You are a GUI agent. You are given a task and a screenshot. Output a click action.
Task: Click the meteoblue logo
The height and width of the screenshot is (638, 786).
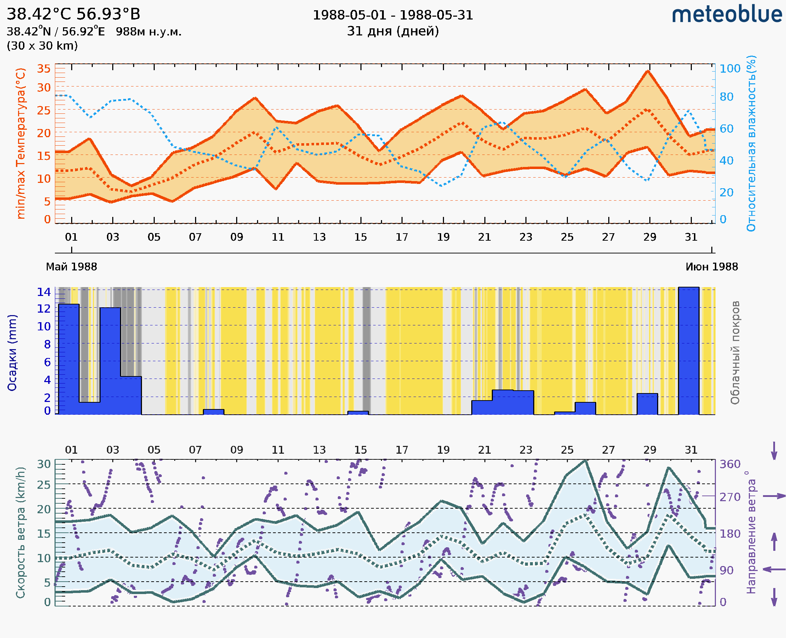727,15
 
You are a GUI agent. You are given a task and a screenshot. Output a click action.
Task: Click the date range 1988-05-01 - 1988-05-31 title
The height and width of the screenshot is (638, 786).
393,15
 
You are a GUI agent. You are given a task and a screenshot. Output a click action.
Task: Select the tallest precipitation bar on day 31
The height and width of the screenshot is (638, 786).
688,351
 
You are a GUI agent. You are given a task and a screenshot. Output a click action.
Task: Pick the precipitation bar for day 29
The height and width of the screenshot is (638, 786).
647,404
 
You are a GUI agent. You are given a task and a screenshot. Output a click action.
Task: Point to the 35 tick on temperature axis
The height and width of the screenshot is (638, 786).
44,69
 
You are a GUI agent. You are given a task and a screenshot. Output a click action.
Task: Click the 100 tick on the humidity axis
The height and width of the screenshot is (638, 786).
730,69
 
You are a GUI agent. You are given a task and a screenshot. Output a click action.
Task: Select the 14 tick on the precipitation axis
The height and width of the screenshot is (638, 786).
44,292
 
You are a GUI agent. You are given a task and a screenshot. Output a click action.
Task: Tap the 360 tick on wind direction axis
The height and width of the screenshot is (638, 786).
730,464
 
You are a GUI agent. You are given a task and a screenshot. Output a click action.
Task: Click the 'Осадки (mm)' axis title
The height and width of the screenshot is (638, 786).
12,353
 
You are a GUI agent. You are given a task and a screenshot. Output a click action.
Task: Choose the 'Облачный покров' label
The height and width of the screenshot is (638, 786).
735,353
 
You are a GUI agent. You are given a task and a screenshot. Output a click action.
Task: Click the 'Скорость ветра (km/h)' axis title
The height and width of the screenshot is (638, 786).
21,533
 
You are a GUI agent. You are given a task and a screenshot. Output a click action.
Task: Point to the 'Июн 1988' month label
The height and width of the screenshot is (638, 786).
712,267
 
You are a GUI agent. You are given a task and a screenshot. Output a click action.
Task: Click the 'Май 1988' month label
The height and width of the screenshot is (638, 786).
71,267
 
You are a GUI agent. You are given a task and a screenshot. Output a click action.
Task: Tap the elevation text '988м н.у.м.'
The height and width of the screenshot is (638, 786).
149,32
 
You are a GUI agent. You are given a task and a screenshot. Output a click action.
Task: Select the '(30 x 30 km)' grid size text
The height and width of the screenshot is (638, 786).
42,46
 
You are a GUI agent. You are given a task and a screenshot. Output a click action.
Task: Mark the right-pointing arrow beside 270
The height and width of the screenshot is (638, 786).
774,496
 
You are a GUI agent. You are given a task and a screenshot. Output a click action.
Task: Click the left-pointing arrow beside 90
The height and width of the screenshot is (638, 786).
774,569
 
